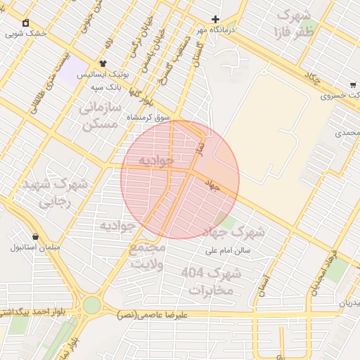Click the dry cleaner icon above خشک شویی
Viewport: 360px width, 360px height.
pos(26,22)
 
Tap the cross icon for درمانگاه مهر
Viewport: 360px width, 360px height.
pos(216,19)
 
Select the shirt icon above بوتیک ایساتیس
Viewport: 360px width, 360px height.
pos(103,63)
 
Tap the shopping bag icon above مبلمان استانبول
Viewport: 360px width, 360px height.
pos(35,236)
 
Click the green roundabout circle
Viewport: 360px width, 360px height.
pos(91,304)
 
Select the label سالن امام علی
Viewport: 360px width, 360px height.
pos(228,250)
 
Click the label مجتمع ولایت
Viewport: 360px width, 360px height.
pos(148,257)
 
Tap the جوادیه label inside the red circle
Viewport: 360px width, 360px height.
pos(155,160)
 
